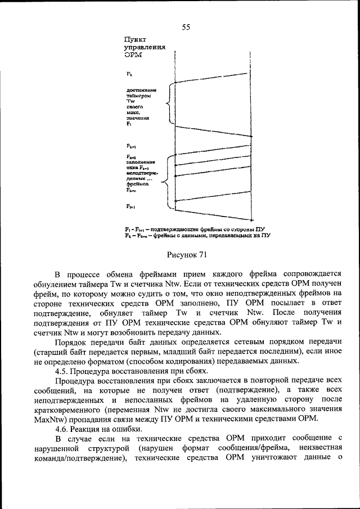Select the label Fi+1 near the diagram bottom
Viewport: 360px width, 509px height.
(x=130, y=206)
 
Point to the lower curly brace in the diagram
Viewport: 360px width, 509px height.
(x=165, y=182)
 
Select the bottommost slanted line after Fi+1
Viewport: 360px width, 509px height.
(x=211, y=214)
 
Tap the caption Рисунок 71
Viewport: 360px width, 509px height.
(x=187, y=255)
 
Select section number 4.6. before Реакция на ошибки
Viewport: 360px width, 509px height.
(x=65, y=428)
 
